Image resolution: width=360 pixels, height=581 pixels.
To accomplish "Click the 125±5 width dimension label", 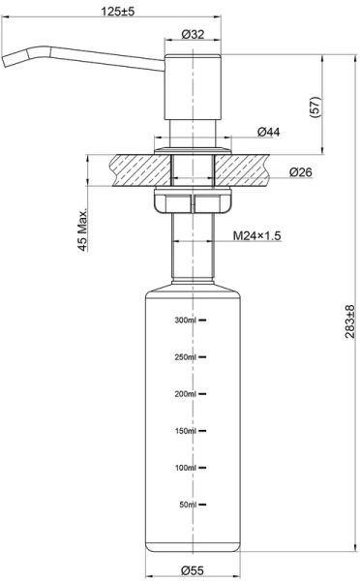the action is [x=118, y=11].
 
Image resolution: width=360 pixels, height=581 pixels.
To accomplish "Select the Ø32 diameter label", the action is [x=193, y=35].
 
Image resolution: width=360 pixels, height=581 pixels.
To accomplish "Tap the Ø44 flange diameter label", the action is [x=269, y=132].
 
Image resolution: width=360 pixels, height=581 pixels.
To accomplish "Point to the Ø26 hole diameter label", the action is [x=301, y=172].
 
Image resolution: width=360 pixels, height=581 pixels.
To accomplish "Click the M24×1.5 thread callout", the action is [x=256, y=235].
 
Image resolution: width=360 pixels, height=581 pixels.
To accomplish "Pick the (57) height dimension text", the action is [x=315, y=107].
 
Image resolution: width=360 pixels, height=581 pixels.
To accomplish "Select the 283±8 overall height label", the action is [x=349, y=321].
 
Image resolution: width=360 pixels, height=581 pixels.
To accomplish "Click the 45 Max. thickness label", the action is [x=83, y=230].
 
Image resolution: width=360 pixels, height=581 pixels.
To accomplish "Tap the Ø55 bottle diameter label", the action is [x=193, y=570].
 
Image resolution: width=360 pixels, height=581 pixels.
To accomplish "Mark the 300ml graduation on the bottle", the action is [x=185, y=321].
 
